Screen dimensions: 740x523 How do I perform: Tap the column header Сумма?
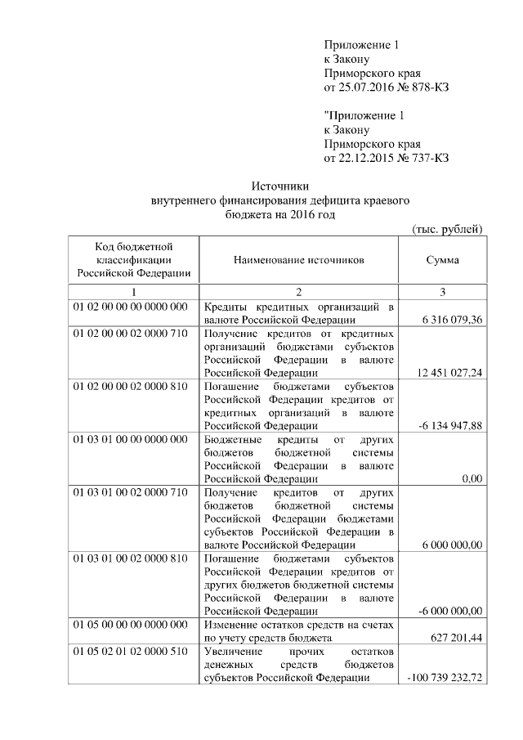[x=442, y=259]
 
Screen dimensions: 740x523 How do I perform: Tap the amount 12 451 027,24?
[x=449, y=373]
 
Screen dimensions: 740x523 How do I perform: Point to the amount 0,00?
[x=471, y=479]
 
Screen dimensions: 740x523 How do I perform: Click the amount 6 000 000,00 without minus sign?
[x=449, y=545]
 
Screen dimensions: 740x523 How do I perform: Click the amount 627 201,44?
[x=455, y=638]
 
